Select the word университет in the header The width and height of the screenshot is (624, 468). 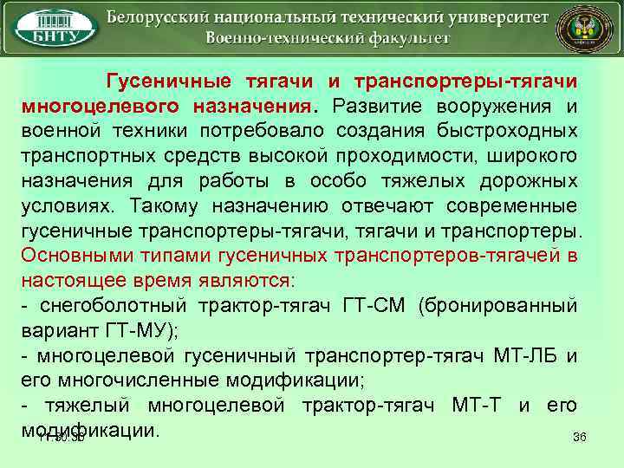[x=496, y=17]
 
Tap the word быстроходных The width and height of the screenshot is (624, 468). [x=517, y=131]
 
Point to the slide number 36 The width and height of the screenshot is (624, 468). [x=580, y=436]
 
